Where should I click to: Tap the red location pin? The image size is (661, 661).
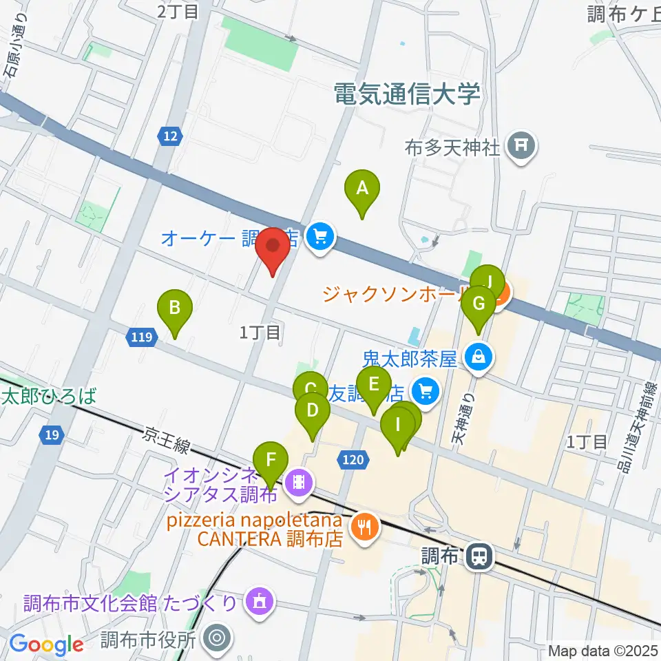(x=275, y=248)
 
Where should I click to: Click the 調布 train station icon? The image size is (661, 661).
(x=477, y=556)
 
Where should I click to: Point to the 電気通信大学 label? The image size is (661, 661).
(x=406, y=94)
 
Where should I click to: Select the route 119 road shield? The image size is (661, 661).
(x=140, y=337)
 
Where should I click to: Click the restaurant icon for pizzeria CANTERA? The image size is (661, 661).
(x=361, y=527)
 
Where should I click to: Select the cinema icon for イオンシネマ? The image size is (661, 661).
(x=298, y=480)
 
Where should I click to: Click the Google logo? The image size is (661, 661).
(x=46, y=645)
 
